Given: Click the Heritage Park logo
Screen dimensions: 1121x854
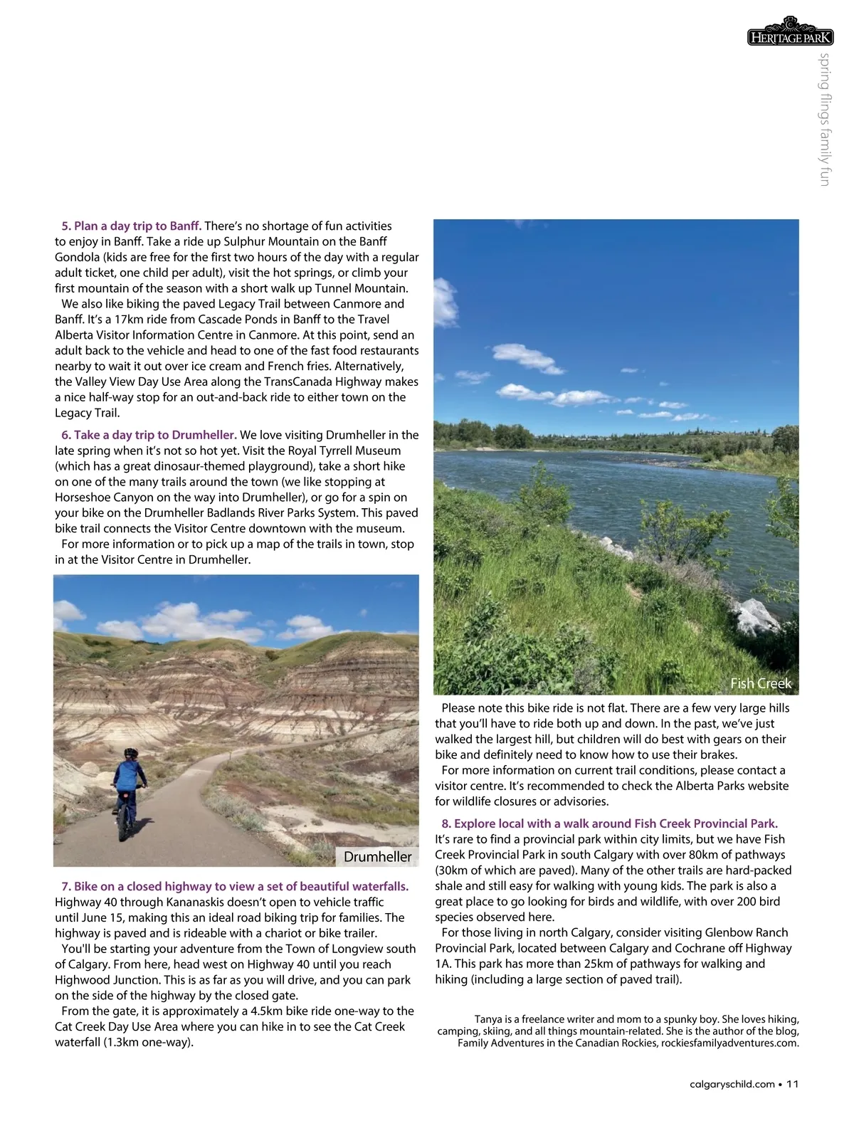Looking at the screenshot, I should tap(790, 33).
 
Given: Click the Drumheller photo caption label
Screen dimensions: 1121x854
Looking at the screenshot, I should tap(377, 857).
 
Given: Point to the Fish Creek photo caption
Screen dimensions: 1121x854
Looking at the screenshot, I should tap(760, 683).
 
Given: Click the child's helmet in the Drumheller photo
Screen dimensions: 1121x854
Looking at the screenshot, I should tap(131, 753).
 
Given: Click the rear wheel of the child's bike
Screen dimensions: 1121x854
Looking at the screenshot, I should tap(125, 826).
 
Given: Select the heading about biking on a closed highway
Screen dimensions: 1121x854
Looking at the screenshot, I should tap(235, 887).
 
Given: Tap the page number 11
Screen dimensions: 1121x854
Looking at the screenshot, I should tap(793, 1084).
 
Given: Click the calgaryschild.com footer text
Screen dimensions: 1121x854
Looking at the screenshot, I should tap(732, 1084).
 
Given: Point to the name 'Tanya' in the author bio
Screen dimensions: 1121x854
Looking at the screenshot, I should tap(488, 1019).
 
